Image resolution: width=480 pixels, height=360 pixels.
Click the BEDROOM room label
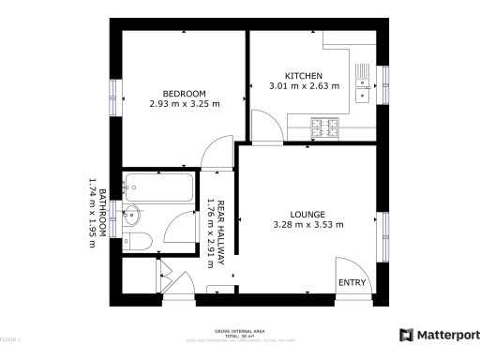pos(184,93)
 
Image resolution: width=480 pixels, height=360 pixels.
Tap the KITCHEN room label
pos(304,76)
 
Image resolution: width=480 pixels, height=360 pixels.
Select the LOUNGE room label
pos(307,213)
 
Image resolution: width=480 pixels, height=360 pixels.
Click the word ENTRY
pos(352,283)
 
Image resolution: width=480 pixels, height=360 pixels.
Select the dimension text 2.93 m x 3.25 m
pos(184,104)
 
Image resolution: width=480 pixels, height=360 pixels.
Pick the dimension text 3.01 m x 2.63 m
pos(304,87)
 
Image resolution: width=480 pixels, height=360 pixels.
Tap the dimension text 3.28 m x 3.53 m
pos(307,224)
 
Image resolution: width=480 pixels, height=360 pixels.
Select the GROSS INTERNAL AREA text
pos(239,331)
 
